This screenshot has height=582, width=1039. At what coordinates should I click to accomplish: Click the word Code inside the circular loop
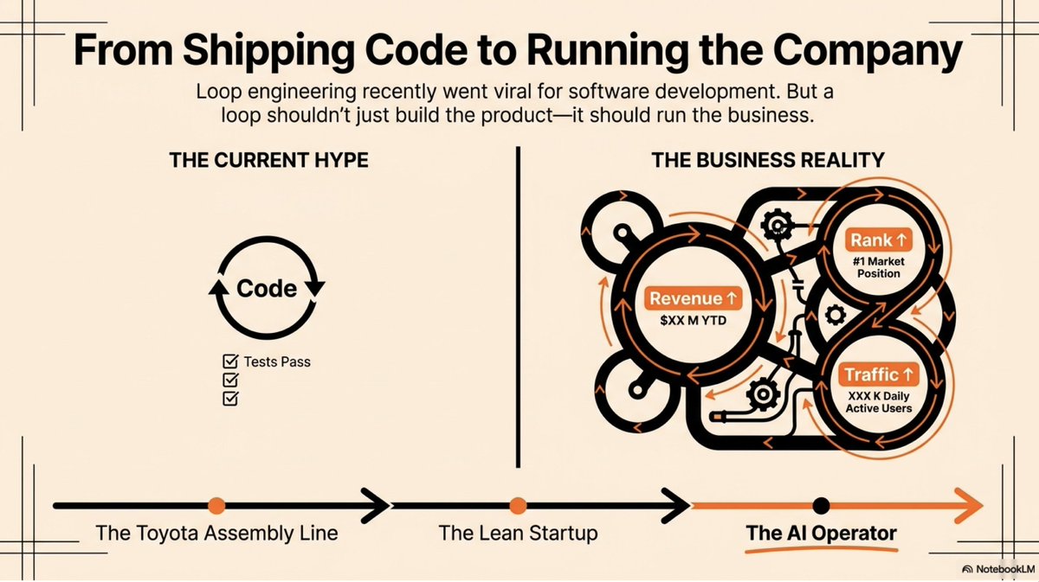[x=267, y=288]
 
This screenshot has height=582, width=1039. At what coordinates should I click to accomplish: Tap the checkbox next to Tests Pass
[x=230, y=361]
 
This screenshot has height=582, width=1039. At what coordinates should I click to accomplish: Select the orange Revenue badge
[x=693, y=298]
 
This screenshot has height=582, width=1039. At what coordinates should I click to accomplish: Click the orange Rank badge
[x=879, y=240]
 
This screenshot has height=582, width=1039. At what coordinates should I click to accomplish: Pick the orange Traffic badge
[x=879, y=374]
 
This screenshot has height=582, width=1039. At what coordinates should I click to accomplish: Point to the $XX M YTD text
[x=693, y=320]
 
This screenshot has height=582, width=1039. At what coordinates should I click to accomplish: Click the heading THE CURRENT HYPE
[x=269, y=160]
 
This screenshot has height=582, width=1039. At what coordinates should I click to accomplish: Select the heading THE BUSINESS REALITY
[x=768, y=160]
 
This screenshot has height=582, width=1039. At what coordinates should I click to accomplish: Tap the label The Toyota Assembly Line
[x=216, y=533]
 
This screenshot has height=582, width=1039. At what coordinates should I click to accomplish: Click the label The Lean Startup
[x=518, y=533]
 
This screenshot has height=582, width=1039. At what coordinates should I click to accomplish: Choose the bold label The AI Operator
[x=821, y=533]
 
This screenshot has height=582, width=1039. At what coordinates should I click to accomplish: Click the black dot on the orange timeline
[x=821, y=506]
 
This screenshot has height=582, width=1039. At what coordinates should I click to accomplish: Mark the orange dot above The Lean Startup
[x=518, y=506]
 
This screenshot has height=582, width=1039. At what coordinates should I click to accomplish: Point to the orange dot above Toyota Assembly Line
[x=216, y=506]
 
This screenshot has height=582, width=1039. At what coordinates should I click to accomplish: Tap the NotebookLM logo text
[x=1004, y=569]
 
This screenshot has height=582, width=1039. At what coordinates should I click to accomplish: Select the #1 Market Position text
[x=879, y=267]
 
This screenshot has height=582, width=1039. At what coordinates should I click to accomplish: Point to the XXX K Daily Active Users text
[x=879, y=402]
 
